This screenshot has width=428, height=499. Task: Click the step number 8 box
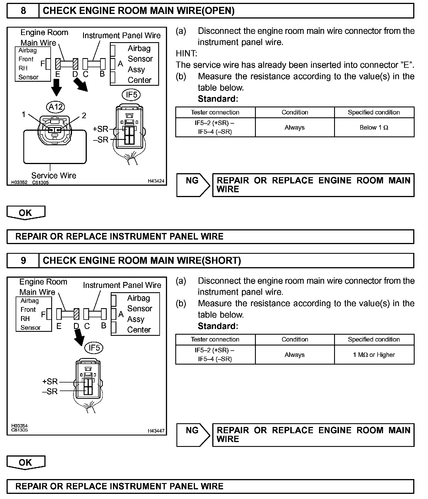(23, 11)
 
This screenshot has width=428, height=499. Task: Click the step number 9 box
(23, 261)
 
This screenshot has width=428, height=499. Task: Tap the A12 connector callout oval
(55, 107)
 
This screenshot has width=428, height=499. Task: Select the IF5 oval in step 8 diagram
(131, 95)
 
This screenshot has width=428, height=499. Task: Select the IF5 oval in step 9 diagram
(94, 348)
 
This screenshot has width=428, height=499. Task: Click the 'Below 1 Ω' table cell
(374, 128)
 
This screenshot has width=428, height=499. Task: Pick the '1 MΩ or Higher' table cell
(374, 355)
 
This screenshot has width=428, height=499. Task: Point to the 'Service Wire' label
(54, 175)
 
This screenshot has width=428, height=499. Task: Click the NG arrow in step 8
(193, 185)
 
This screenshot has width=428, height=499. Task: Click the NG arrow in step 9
(193, 435)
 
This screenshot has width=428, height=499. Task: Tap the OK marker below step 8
(26, 213)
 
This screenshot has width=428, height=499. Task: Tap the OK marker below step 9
(26, 463)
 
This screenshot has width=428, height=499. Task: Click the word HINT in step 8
(186, 54)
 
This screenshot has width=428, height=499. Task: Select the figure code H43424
(156, 181)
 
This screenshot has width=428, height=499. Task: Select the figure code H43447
(156, 431)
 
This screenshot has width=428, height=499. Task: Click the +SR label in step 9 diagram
(50, 381)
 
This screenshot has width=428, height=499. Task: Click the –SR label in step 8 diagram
(101, 140)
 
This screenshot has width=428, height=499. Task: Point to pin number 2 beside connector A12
(84, 115)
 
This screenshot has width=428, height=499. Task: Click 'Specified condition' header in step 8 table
(374, 112)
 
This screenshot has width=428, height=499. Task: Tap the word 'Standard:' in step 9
(218, 326)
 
